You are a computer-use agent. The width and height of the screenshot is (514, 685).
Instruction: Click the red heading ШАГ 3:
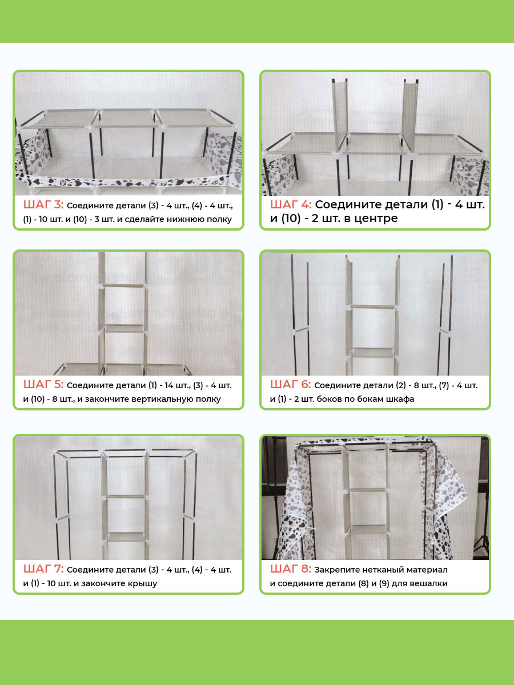click(43, 205)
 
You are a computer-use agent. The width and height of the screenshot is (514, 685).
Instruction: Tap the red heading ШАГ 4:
click(291, 204)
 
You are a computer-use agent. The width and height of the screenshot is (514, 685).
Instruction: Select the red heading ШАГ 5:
click(43, 385)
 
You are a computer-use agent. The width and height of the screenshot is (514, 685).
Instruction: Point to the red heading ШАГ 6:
click(290, 385)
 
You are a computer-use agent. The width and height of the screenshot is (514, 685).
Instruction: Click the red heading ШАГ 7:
click(43, 569)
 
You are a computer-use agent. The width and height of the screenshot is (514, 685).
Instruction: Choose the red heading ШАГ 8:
click(291, 569)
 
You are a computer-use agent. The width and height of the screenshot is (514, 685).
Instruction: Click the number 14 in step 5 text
click(169, 386)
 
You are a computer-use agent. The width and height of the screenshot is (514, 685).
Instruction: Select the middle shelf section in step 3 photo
click(126, 118)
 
